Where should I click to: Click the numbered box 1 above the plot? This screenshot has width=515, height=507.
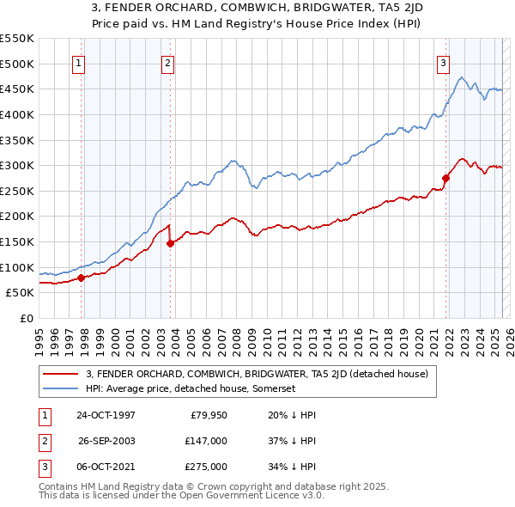[78, 62]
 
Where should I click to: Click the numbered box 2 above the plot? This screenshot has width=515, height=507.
[167, 62]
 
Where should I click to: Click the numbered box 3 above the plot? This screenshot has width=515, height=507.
[443, 62]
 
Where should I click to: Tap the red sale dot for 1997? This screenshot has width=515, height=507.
[82, 278]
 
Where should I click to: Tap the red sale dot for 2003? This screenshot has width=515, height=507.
[171, 243]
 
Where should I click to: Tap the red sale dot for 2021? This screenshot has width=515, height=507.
[446, 179]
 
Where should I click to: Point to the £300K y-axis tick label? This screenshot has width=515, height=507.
[16, 165]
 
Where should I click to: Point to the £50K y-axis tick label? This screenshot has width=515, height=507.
[20, 293]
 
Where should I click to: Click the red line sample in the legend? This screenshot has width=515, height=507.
[61, 374]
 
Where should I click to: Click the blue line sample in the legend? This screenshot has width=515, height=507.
[61, 388]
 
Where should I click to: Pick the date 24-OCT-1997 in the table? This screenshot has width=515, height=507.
[106, 415]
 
